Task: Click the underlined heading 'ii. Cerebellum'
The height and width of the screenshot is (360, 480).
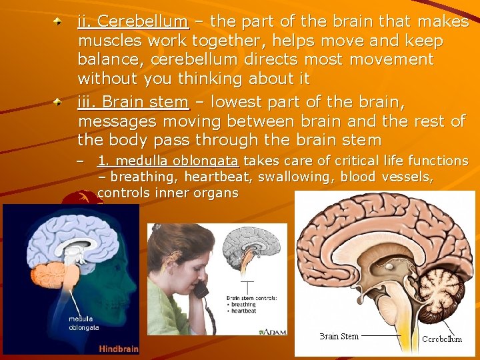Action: (x=133, y=22)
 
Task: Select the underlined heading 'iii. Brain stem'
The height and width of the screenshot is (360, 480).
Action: (x=133, y=103)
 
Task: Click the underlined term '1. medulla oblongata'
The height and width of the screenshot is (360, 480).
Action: (x=169, y=161)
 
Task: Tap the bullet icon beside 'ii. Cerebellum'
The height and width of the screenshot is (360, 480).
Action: (x=59, y=23)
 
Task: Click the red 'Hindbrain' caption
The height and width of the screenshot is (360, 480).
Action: (x=119, y=348)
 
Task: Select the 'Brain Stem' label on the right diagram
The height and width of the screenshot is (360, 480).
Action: (x=339, y=336)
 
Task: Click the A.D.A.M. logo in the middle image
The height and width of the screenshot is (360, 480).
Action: (x=273, y=331)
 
